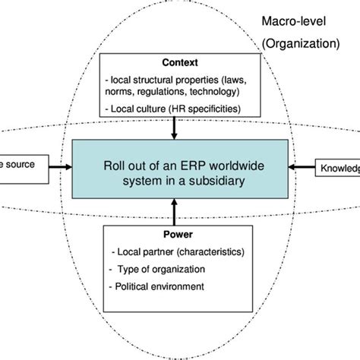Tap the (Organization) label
click(x=301, y=44)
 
